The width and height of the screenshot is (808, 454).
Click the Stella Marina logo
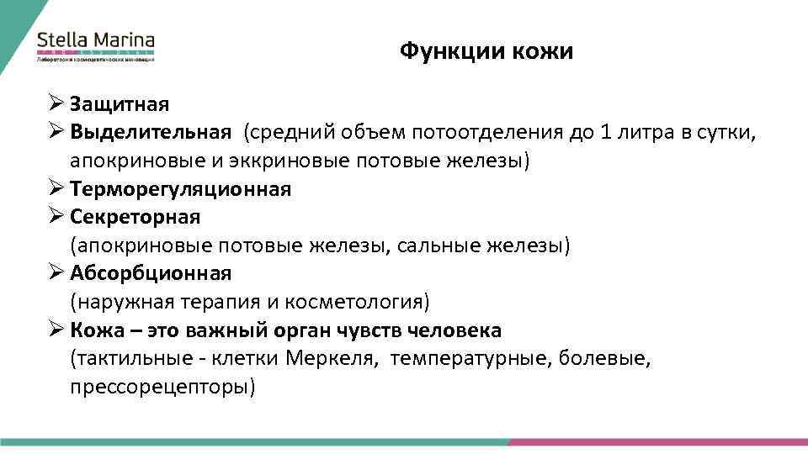[95, 45]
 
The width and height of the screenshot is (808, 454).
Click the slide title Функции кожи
[486, 51]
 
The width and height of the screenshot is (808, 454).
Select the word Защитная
[120, 104]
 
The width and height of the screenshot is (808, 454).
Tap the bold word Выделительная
[151, 132]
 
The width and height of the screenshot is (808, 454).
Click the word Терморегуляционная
[181, 189]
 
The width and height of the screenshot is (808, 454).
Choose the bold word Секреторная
[136, 217]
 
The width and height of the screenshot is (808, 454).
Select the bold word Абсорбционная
[151, 273]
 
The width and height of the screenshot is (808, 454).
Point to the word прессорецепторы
[162, 388]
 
